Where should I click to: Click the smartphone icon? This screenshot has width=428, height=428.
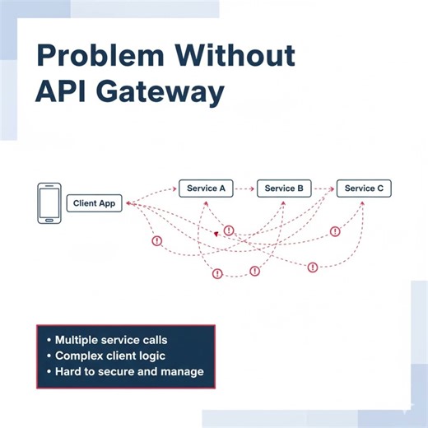pyautogui.click(x=49, y=202)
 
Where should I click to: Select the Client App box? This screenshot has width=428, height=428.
pyautogui.click(x=94, y=203)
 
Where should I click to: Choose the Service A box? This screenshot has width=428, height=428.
pyautogui.click(x=206, y=188)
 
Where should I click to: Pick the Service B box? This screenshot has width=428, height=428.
pyautogui.click(x=284, y=188)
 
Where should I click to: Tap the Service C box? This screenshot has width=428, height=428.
pyautogui.click(x=364, y=188)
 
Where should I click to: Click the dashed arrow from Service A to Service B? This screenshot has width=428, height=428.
pyautogui.click(x=244, y=188)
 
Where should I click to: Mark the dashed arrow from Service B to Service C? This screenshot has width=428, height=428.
pyautogui.click(x=323, y=188)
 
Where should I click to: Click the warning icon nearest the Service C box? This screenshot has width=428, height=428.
pyautogui.click(x=335, y=231)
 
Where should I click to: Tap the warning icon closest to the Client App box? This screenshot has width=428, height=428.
pyautogui.click(x=156, y=240)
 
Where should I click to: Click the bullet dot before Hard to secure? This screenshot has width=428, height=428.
pyautogui.click(x=48, y=372)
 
